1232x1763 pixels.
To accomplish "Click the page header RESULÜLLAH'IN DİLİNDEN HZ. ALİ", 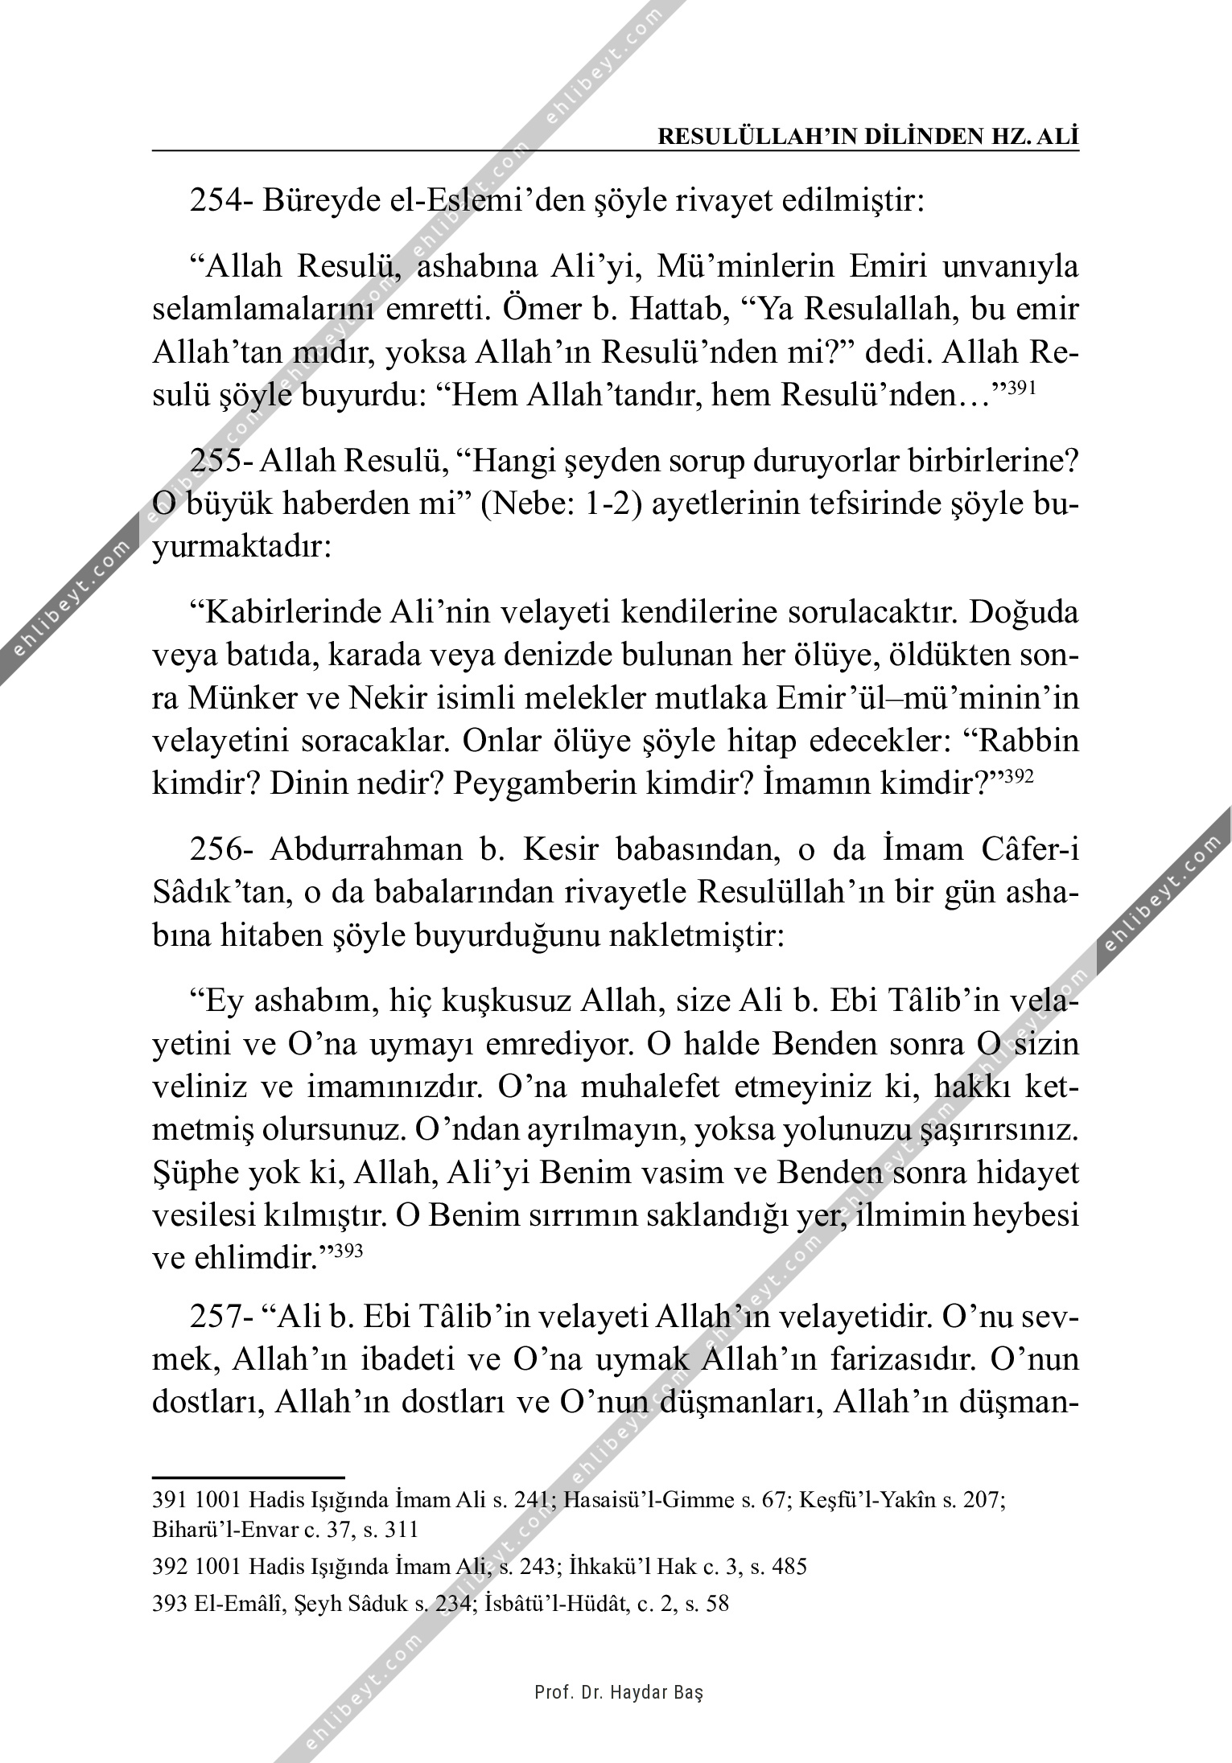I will [868, 137].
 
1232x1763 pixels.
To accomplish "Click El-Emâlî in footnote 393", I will [201, 1604].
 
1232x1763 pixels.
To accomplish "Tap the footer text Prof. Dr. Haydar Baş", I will [618, 1693].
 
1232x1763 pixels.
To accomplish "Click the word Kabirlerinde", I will [287, 614].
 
